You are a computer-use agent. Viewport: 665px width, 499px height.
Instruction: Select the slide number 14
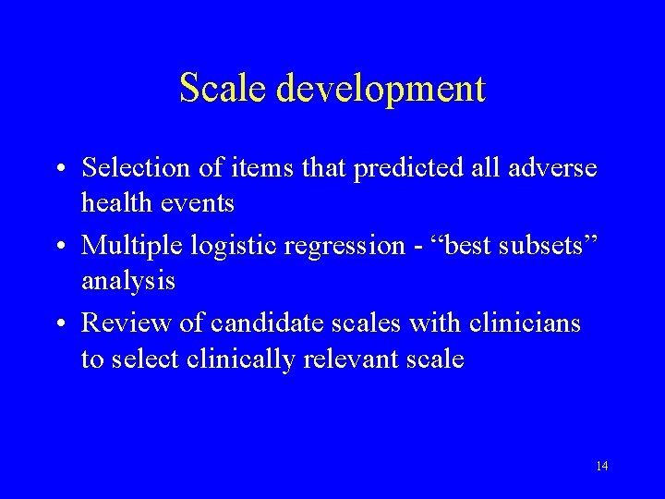601,466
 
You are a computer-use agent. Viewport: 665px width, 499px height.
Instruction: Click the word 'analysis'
128,280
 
